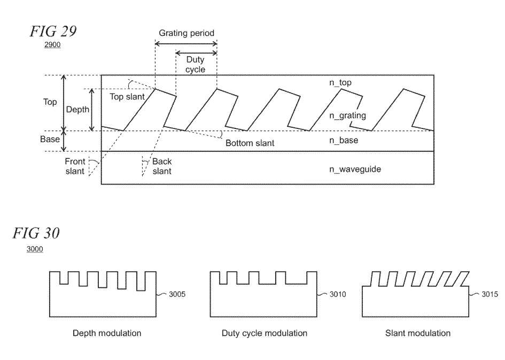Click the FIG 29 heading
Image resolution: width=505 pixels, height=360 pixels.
point(53,32)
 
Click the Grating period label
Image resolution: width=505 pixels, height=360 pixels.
point(187,33)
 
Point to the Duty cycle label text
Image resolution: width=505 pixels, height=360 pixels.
point(196,65)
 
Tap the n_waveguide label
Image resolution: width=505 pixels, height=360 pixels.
point(355,169)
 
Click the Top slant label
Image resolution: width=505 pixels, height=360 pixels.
point(127,97)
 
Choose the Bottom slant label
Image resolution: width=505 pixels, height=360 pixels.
point(250,143)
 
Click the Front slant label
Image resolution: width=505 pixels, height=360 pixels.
point(75,166)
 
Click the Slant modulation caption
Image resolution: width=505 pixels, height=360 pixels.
point(418,333)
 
